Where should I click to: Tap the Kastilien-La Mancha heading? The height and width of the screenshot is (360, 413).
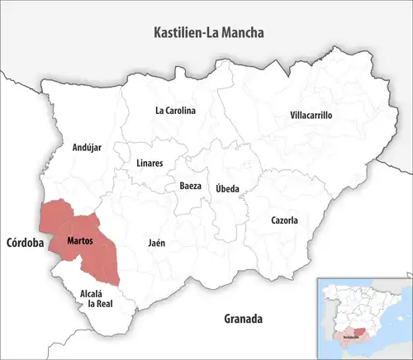coord(213,33)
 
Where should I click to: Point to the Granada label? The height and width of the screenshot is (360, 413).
coord(243,318)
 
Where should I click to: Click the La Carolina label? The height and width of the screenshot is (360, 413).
coord(175,110)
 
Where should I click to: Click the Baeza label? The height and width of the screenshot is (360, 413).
coord(190,187)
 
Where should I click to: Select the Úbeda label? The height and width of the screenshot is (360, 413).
coord(228,189)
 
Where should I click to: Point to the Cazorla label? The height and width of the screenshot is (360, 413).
coord(284,220)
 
